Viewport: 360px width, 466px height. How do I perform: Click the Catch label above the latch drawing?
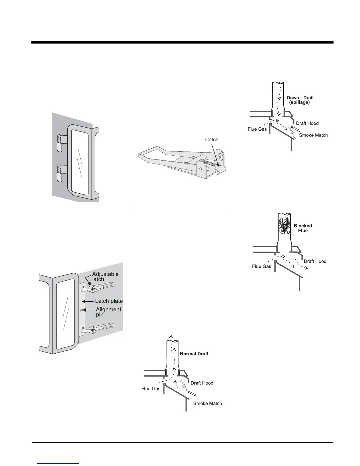click(x=211, y=139)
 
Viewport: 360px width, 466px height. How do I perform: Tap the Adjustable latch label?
click(x=105, y=276)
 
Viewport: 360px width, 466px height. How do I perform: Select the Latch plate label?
click(x=109, y=301)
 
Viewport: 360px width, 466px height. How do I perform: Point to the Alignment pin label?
click(x=108, y=312)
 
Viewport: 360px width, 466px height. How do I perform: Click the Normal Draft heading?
click(x=194, y=354)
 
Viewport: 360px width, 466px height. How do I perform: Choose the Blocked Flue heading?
click(x=303, y=228)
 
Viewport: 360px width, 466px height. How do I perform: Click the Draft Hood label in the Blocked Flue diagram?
click(x=315, y=261)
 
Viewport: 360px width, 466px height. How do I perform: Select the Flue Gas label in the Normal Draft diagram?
click(x=151, y=389)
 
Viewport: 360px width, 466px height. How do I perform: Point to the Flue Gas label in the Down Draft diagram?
click(x=257, y=129)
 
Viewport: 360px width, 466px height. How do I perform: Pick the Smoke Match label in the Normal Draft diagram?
click(x=207, y=403)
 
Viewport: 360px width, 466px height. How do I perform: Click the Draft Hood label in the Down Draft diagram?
click(x=307, y=123)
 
